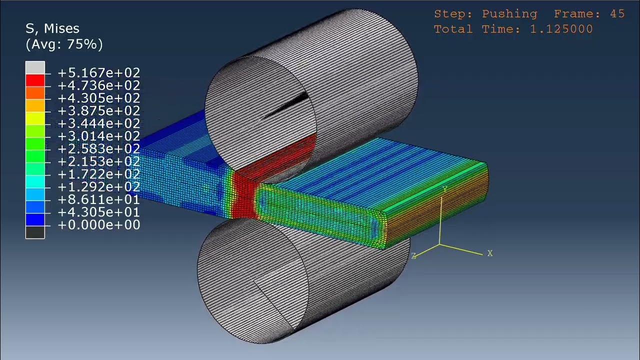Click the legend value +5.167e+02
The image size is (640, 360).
pyautogui.click(x=98, y=73)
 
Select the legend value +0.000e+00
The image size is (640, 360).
pyautogui.click(x=98, y=225)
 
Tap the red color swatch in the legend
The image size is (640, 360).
pyautogui.click(x=35, y=79)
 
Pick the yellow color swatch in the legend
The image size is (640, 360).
pyautogui.click(x=35, y=118)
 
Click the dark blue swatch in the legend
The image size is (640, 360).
pyautogui.click(x=35, y=219)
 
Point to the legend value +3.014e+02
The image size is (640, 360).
pyautogui.click(x=98, y=136)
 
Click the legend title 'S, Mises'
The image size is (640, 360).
pyautogui.click(x=52, y=28)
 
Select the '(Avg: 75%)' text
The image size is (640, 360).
pyautogui.click(x=64, y=44)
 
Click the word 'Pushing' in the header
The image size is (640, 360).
pyautogui.click(x=509, y=14)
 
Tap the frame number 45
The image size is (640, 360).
pyautogui.click(x=617, y=14)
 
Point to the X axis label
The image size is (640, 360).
pyautogui.click(x=490, y=253)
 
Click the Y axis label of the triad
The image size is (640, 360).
pyautogui.click(x=445, y=189)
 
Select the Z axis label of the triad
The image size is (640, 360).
pyautogui.click(x=413, y=256)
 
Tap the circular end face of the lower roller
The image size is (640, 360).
pyautogui.click(x=250, y=280)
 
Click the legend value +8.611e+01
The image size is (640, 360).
pyautogui.click(x=98, y=199)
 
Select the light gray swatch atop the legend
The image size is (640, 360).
pyautogui.click(x=35, y=67)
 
